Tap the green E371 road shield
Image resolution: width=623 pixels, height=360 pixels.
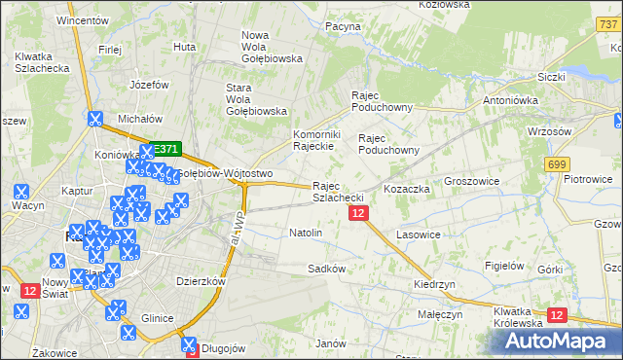pos(166,149)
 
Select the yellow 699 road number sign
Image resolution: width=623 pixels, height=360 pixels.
pos(557,165)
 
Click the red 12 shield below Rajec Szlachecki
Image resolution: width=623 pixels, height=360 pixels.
pos(358,213)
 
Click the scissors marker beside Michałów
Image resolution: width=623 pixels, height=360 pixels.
pos(94,120)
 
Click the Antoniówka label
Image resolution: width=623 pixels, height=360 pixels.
pos(511,100)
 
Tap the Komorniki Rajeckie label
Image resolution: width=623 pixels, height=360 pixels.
pos(314,140)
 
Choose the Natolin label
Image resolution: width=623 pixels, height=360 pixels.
pos(306,234)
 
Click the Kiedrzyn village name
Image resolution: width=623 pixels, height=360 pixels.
pos(434,284)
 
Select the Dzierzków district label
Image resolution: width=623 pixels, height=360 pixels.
pos(201,281)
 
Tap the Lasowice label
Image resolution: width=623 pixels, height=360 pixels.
pos(420,235)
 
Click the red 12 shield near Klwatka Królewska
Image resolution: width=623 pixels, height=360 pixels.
pos(558,315)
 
